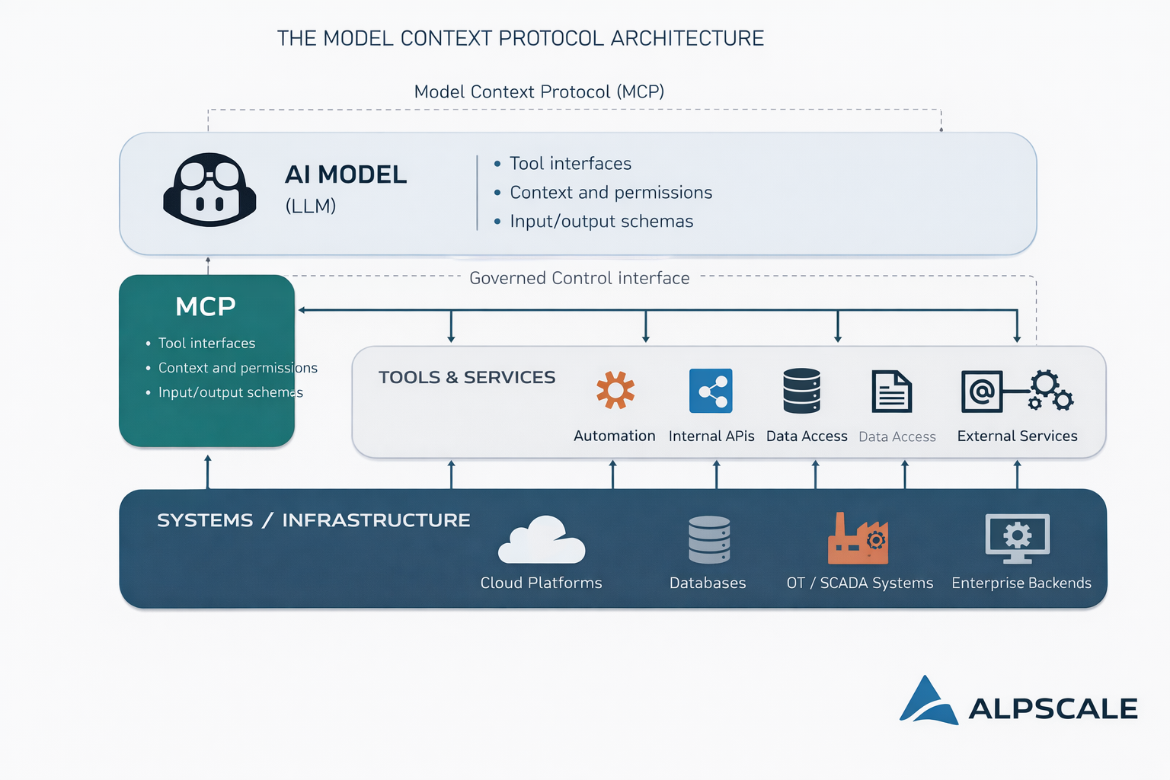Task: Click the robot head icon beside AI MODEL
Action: click(x=209, y=190)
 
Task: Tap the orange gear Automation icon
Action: click(x=615, y=390)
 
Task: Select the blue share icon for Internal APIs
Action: click(x=711, y=391)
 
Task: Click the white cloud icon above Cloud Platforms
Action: click(x=542, y=540)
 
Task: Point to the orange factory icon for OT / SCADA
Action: click(x=858, y=539)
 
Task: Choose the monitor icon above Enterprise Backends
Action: click(x=1017, y=538)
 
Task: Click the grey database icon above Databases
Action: click(x=709, y=539)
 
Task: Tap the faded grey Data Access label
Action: click(x=897, y=436)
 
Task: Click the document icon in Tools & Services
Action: click(x=891, y=392)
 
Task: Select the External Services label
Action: click(x=1017, y=436)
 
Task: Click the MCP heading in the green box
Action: click(x=206, y=306)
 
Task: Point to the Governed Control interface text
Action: click(x=579, y=278)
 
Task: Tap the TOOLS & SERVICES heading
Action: click(x=467, y=377)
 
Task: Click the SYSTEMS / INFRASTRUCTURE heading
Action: click(x=313, y=520)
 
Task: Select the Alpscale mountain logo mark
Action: click(x=928, y=702)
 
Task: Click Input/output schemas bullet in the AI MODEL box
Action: click(x=601, y=221)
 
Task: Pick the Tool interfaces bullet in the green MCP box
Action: click(x=206, y=344)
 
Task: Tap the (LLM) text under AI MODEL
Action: click(x=311, y=206)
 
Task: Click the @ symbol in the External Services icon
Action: click(x=982, y=392)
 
